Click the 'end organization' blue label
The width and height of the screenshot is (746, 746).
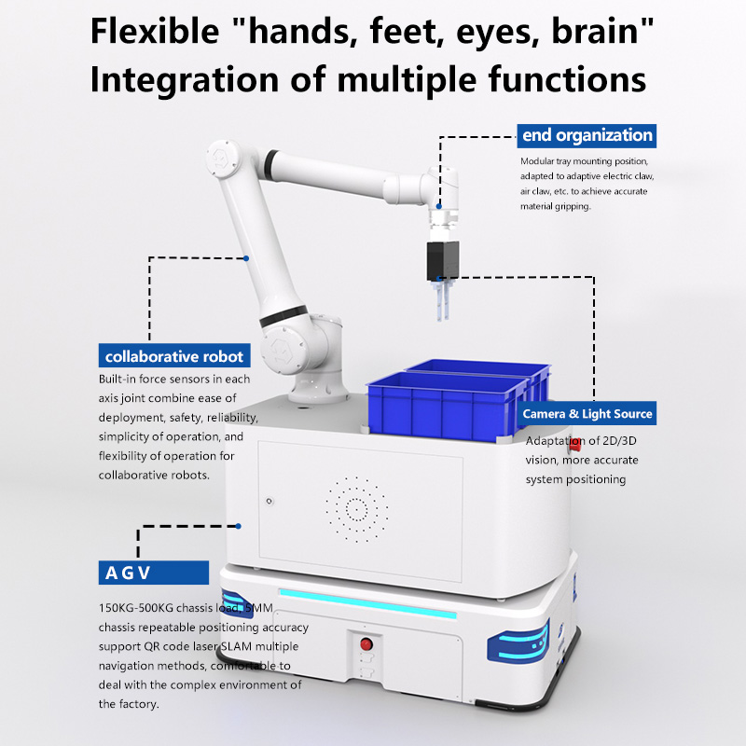[x=587, y=135]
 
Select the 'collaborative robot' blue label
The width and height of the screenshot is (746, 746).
[x=174, y=355]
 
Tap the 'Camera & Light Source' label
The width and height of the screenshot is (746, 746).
[x=587, y=413]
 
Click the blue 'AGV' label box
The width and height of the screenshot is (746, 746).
[x=153, y=573]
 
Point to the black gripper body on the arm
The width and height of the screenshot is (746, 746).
[x=442, y=261]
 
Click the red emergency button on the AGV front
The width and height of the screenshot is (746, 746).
[x=366, y=644]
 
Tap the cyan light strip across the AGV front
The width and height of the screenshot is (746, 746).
[x=367, y=603]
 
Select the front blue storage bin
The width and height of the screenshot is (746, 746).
[x=448, y=406]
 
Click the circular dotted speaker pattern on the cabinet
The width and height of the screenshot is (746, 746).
[x=356, y=509]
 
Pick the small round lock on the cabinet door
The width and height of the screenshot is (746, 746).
[x=269, y=501]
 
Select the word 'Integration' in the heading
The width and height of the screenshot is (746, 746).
[x=185, y=79]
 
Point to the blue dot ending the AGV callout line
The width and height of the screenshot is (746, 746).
[x=239, y=526]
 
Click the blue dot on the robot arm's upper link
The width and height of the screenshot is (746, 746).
[x=246, y=258]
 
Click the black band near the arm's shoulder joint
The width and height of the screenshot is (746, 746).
[x=283, y=316]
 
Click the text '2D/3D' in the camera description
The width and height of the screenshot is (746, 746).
[x=619, y=441]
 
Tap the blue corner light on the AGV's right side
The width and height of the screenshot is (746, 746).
[x=518, y=642]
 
